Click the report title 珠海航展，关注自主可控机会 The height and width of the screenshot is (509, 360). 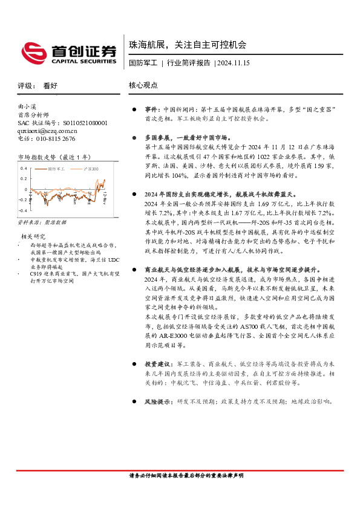pyautogui.click(x=188, y=45)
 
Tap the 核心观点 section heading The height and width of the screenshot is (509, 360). pyautogui.click(x=143, y=86)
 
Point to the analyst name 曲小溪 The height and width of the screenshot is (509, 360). pyautogui.click(x=28, y=106)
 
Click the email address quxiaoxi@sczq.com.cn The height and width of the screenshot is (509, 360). pyautogui.click(x=48, y=130)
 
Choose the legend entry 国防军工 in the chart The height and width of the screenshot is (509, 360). pyautogui.click(x=56, y=169)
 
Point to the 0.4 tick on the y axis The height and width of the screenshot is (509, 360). pyautogui.click(x=22, y=168)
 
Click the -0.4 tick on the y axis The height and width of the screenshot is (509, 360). pyautogui.click(x=22, y=210)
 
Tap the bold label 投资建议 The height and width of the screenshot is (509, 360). pyautogui.click(x=156, y=365)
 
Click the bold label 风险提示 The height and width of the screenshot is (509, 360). pyautogui.click(x=156, y=401)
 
